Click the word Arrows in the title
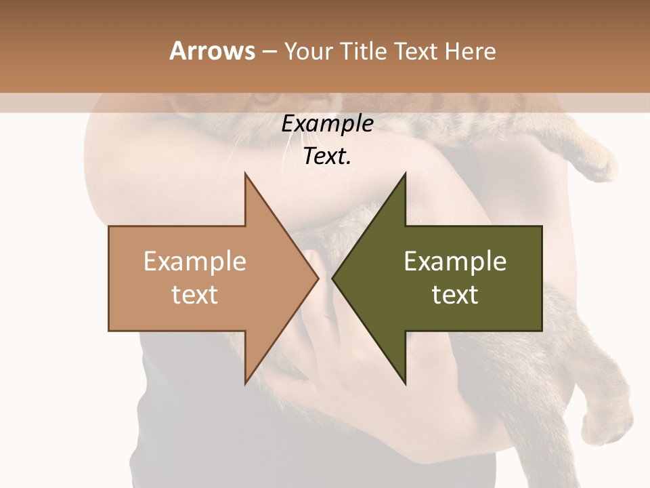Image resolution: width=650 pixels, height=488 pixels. tap(213, 50)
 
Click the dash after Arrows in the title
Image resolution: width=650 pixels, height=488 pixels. tap(269, 52)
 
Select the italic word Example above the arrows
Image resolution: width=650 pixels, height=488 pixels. tap(328, 124)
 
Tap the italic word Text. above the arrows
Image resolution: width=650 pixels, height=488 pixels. tap(328, 156)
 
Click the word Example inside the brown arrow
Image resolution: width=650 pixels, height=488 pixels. tap(195, 262)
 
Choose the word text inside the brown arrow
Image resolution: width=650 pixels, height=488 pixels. tap(195, 295)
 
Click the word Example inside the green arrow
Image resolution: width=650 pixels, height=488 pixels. tap(455, 262)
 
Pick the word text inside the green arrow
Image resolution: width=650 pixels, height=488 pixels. tap(455, 295)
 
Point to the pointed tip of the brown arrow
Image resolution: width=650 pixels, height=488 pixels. tap(318, 279)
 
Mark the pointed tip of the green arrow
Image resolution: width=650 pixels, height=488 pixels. tap(332, 279)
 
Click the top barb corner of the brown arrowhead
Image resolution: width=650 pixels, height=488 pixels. tap(245, 173)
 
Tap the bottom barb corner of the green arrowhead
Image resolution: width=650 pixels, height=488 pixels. tap(406, 384)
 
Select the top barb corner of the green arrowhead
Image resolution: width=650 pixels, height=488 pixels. tap(406, 173)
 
